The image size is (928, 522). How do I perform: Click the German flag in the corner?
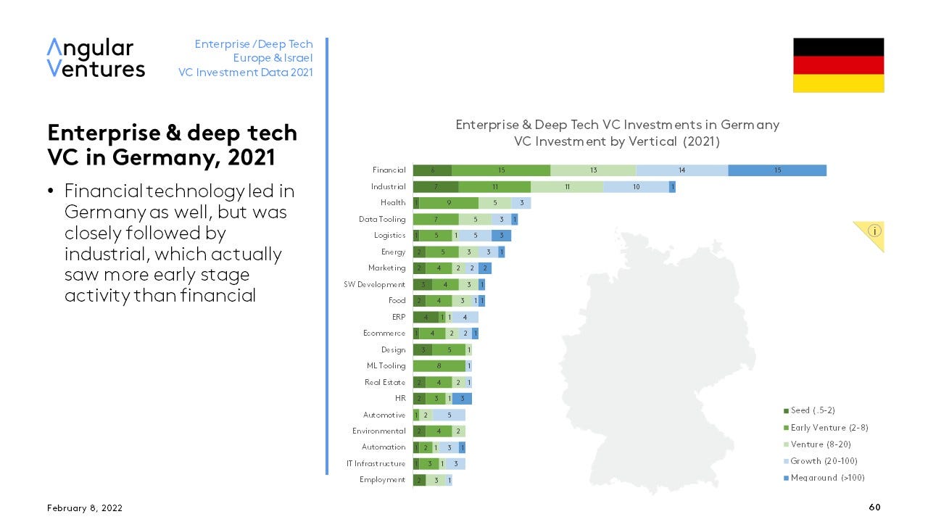click(838, 65)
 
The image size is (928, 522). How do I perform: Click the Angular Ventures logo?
click(96, 58)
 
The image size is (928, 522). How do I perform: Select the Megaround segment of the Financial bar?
click(776, 170)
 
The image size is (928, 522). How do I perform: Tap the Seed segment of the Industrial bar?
click(435, 186)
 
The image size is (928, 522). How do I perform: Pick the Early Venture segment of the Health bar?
click(449, 203)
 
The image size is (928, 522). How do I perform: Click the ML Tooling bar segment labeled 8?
click(439, 366)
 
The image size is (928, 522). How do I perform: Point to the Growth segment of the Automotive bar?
click(449, 415)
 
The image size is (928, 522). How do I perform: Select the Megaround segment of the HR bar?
click(462, 399)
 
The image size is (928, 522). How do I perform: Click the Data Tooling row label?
click(382, 219)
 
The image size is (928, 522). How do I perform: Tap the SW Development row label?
click(375, 285)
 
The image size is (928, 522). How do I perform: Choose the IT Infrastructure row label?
click(376, 464)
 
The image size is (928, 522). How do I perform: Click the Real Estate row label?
click(385, 382)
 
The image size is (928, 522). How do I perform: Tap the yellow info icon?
click(874, 231)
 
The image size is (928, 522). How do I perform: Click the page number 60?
click(874, 507)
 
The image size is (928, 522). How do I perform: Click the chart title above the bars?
click(617, 133)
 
